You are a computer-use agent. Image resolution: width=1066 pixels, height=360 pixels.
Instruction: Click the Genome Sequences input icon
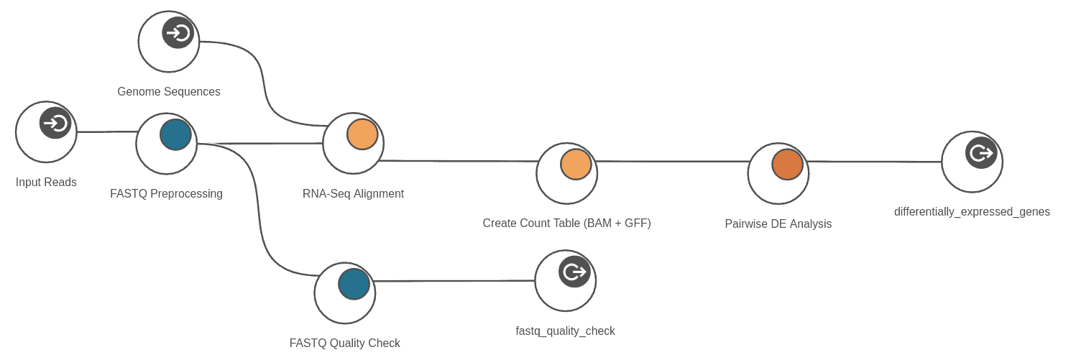point(178,33)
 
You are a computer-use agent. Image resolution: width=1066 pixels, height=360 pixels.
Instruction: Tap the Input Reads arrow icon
point(55,124)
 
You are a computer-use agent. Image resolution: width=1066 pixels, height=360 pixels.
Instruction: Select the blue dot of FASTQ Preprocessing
point(175,135)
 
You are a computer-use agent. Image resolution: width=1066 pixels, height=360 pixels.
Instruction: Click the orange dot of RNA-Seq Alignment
point(362,134)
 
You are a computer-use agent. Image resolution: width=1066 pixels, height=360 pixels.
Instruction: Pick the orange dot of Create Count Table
point(576,165)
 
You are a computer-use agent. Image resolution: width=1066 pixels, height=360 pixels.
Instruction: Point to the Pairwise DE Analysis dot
point(787,165)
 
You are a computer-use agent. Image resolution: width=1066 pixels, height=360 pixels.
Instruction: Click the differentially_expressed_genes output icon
point(980,153)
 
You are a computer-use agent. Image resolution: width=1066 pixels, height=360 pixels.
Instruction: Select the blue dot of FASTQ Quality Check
point(354,284)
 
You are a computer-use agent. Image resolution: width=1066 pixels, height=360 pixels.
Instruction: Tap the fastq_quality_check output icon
point(574,272)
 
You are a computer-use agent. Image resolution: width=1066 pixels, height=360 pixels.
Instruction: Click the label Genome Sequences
point(169,92)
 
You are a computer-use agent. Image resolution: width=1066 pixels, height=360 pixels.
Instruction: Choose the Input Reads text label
point(46,183)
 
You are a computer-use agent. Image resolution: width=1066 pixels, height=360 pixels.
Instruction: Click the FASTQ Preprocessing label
point(166,194)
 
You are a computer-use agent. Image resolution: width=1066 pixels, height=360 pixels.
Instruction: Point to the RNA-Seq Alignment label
point(353,194)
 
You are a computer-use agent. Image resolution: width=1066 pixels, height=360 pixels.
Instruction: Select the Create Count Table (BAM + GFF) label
point(566,223)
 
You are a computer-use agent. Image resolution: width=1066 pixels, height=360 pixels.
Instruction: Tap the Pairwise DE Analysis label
point(778,224)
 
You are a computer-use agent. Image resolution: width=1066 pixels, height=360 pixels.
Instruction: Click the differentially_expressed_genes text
point(972,212)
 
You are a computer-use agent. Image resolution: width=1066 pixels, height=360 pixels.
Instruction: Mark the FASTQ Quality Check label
point(344,343)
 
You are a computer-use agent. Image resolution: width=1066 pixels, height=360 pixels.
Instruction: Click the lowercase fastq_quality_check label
point(565,331)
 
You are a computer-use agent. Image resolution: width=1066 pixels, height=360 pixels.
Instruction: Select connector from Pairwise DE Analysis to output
point(876,162)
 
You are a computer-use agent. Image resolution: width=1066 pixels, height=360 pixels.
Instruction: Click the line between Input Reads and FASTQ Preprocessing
point(106,132)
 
